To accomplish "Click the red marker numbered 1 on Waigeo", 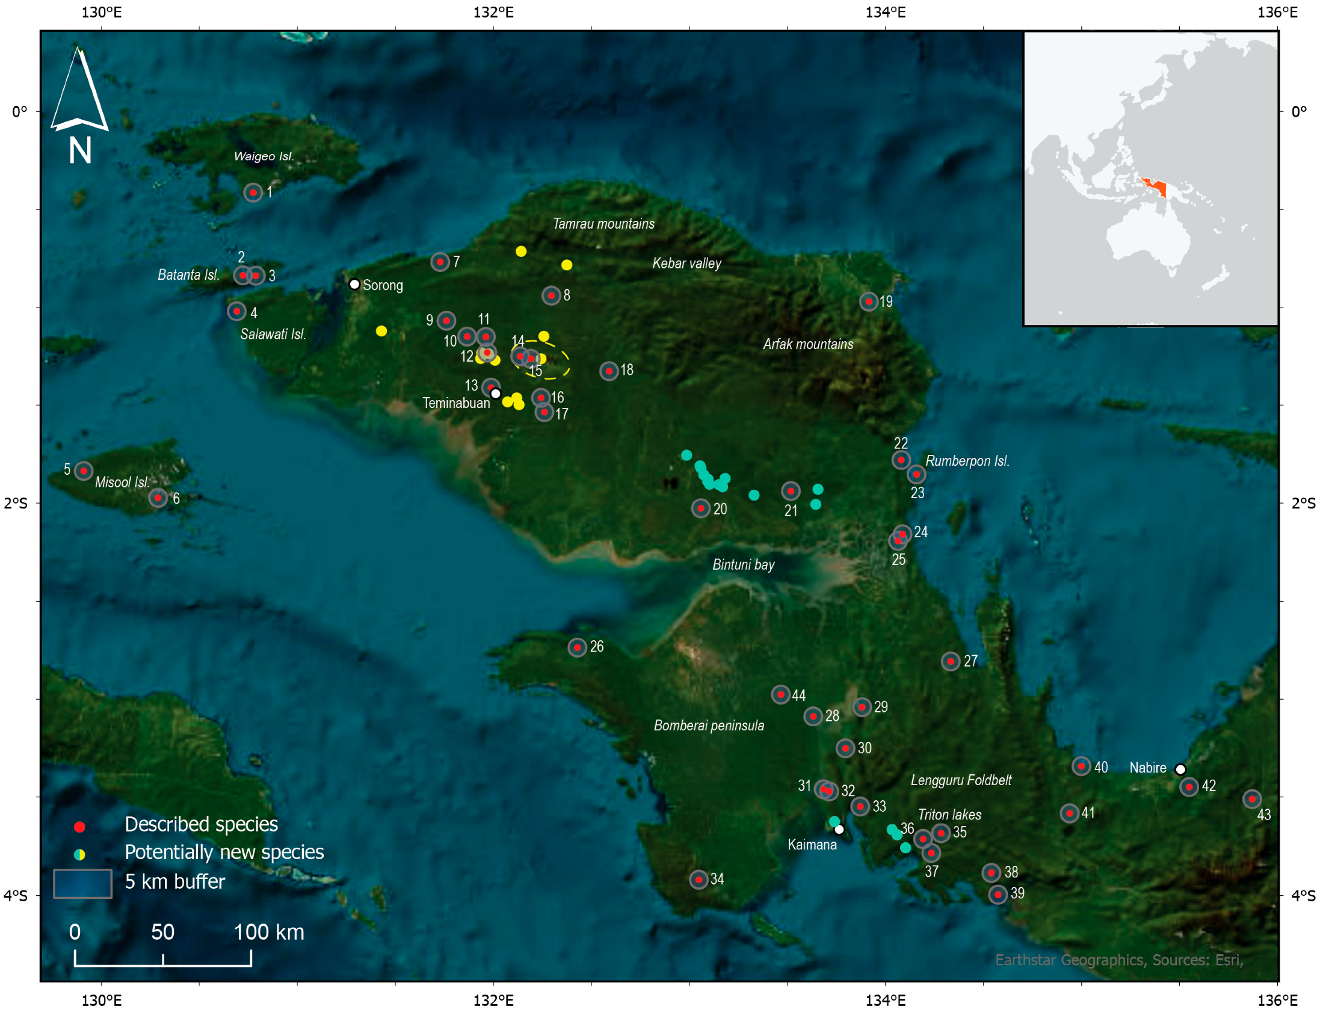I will (x=253, y=193).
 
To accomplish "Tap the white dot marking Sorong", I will (x=355, y=285).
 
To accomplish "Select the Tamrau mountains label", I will (x=603, y=224).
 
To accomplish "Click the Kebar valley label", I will (x=686, y=264).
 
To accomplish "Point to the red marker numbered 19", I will (x=868, y=301).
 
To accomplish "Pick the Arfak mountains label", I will (x=807, y=344).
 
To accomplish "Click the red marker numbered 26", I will (x=578, y=647).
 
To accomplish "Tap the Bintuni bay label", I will (x=743, y=564).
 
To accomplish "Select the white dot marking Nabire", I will (x=1180, y=770).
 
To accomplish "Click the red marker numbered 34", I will (x=699, y=880).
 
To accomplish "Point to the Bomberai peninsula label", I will (x=709, y=725).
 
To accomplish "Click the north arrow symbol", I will (x=79, y=90).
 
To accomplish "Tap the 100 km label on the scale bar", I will (x=268, y=932).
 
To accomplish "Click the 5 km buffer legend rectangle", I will (x=82, y=884).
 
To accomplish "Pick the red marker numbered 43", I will (x=1252, y=800).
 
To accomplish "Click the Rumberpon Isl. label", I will (x=967, y=461).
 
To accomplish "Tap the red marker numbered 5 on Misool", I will (x=84, y=471).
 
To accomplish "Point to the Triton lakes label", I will (x=949, y=815).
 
